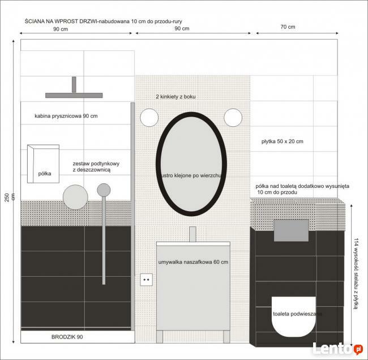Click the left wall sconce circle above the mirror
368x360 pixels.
click(x=149, y=117)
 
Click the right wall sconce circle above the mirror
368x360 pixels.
click(x=233, y=117)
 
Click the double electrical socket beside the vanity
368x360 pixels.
click(x=147, y=280)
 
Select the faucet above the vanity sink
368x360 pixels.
click(x=192, y=234)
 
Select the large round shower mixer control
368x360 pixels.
click(x=75, y=197)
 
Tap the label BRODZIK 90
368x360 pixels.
click(x=67, y=337)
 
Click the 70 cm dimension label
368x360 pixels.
click(x=287, y=27)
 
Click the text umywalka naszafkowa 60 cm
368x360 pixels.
click(x=193, y=262)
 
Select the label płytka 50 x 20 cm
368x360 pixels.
click(x=283, y=142)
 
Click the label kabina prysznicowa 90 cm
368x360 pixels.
click(x=66, y=116)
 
